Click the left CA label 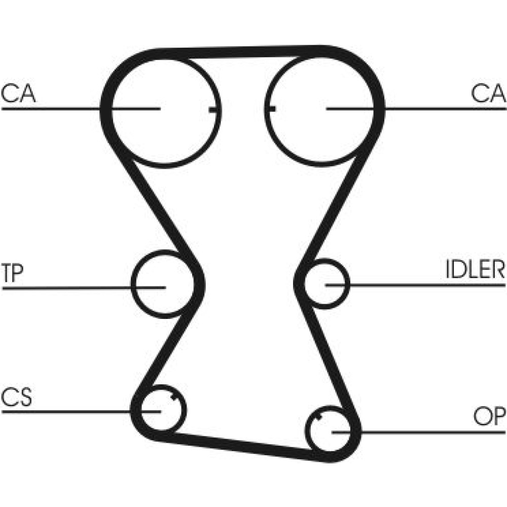(x=18, y=93)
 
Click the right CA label (x=488, y=93)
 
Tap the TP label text (x=12, y=273)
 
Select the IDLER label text (x=475, y=269)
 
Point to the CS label (x=17, y=397)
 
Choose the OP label (x=489, y=416)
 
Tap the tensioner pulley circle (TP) (x=132, y=284)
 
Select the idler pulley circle (x=349, y=283)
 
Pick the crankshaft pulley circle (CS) (x=185, y=409)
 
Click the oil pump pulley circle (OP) (x=306, y=430)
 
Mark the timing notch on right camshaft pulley (x=271, y=108)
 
